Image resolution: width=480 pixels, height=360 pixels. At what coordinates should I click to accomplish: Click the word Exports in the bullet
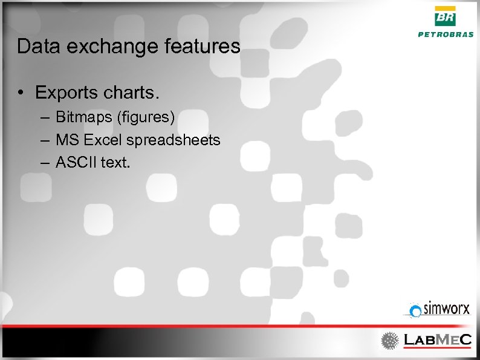point(66,93)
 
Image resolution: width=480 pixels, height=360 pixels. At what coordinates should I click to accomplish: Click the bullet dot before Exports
point(21,93)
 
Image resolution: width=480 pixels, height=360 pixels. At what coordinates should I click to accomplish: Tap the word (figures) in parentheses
point(144,116)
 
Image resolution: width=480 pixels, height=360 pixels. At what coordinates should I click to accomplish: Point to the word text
point(114,162)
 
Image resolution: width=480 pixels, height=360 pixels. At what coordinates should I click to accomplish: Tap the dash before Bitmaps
point(46,116)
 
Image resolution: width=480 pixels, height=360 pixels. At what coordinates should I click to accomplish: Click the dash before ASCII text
point(46,162)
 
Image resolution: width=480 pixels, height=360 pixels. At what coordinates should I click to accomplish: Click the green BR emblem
point(446,17)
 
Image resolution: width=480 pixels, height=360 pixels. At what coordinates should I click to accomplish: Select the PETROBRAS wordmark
point(446,34)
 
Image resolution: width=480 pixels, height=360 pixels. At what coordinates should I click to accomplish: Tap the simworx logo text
point(446,309)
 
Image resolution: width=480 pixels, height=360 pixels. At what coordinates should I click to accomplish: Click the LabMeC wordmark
point(437,340)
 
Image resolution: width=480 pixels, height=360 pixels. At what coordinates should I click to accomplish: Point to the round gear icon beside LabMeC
point(389,341)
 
